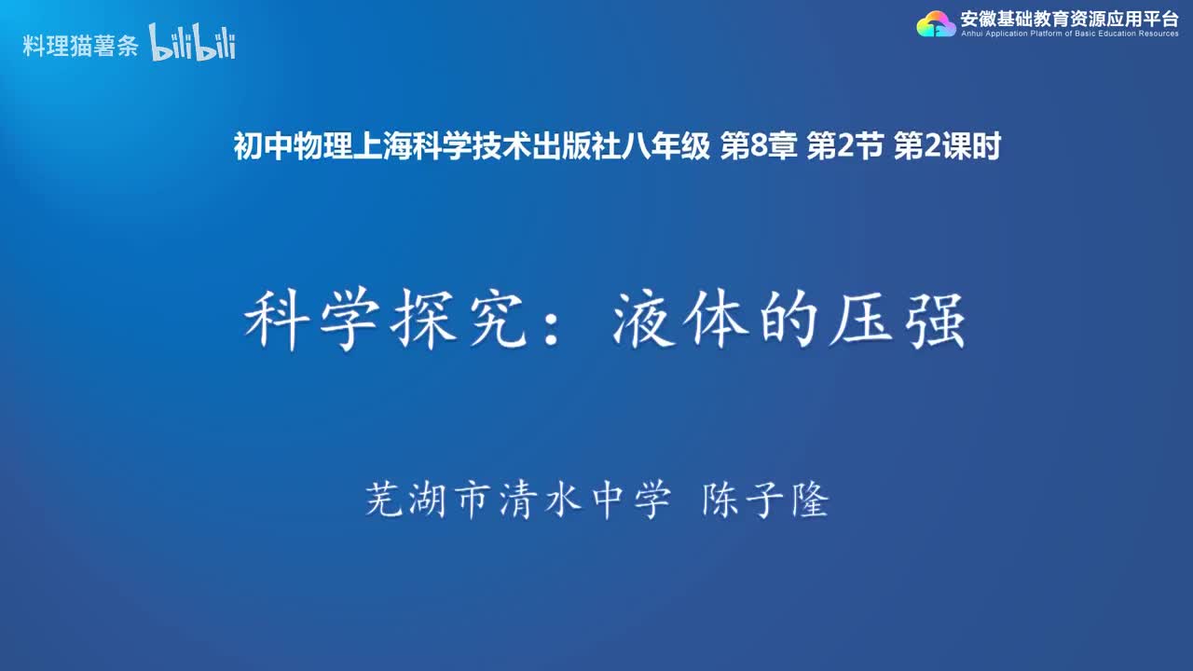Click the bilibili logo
pyautogui.click(x=192, y=44)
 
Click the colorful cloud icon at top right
pyautogui.click(x=936, y=24)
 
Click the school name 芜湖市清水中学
pyautogui.click(x=516, y=501)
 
